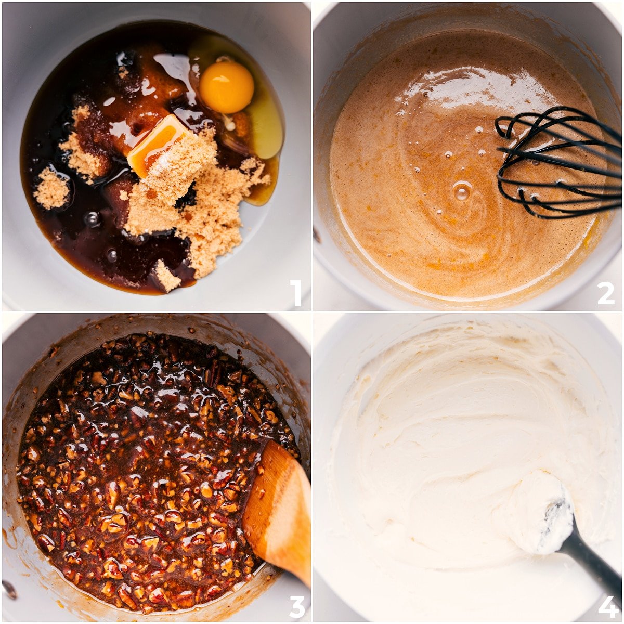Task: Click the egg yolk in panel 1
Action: pyautogui.click(x=226, y=87)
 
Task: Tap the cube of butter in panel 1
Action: pyautogui.click(x=156, y=143)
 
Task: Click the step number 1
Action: pyautogui.click(x=295, y=293)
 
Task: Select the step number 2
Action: pyautogui.click(x=606, y=293)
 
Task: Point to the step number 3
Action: pyautogui.click(x=296, y=606)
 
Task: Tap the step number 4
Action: pyautogui.click(x=607, y=606)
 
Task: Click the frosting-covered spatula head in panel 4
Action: pyautogui.click(x=541, y=512)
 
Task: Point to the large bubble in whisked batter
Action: pyautogui.click(x=461, y=191)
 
